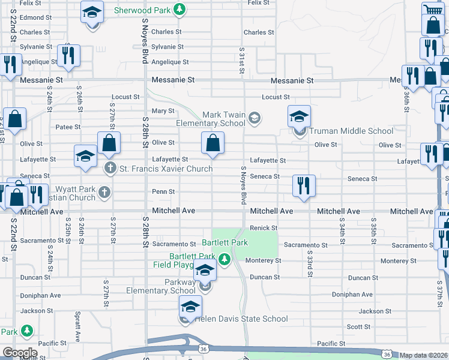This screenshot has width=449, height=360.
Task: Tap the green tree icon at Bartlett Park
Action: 224,259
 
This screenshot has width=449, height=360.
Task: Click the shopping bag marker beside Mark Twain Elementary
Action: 212,143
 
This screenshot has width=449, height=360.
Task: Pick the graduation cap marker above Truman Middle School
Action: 299,116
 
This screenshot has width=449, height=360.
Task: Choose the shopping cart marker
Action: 432,10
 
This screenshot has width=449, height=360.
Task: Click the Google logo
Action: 20,353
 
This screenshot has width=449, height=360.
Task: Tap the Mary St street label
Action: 163,111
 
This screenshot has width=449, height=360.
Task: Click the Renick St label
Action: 264,228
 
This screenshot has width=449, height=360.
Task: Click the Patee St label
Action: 68,127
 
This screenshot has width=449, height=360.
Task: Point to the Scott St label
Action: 358,327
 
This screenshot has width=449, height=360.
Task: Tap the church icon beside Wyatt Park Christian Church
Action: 104,193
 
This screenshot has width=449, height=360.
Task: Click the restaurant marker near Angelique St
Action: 67,56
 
